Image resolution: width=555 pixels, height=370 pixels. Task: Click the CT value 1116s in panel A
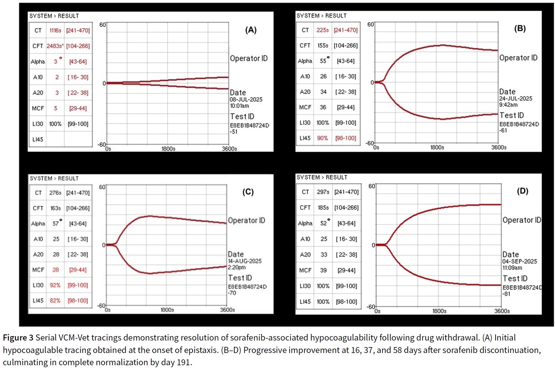click(55, 31)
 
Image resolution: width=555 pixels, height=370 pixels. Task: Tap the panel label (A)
click(251, 30)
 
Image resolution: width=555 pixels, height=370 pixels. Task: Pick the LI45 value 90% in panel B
click(322, 138)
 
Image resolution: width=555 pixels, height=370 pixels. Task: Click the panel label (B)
click(519, 29)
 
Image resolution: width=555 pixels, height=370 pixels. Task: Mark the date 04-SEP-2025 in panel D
click(520, 261)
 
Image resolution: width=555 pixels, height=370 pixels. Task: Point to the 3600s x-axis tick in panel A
click(229, 149)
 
